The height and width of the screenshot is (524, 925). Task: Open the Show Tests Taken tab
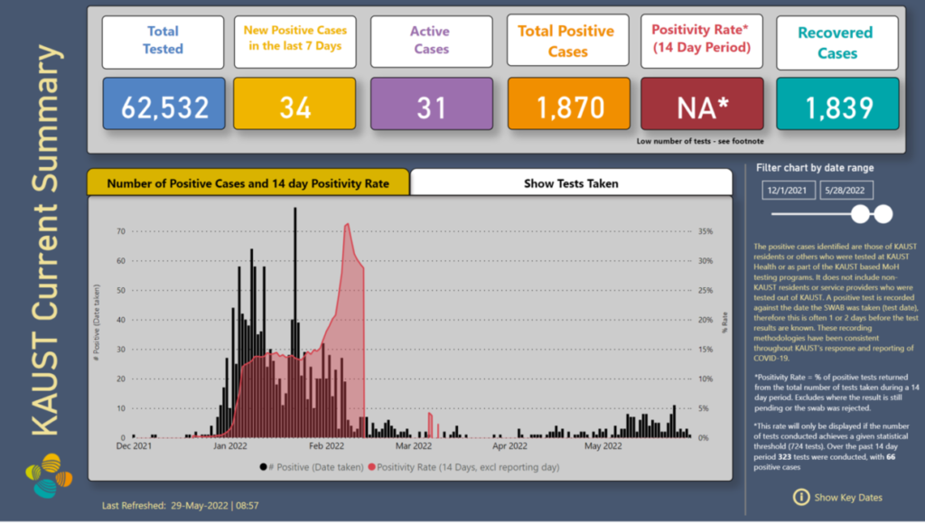571,183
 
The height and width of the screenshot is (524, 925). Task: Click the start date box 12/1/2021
789,190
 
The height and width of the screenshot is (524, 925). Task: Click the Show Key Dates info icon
800,497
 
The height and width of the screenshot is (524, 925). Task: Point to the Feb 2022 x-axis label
326,445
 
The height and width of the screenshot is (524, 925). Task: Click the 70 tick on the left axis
120,231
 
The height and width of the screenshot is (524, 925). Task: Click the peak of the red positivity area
348,224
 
